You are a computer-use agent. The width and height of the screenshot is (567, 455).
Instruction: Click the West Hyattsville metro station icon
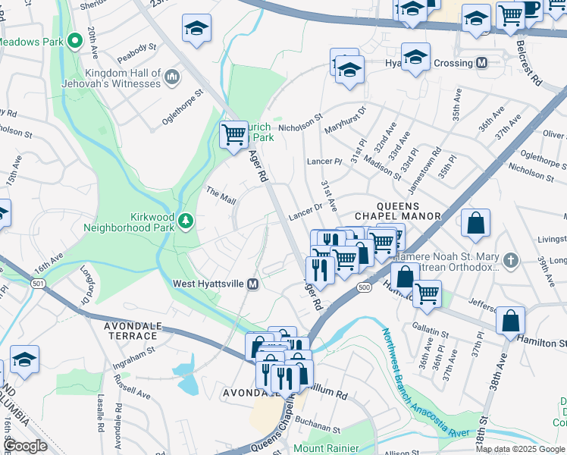click(254, 284)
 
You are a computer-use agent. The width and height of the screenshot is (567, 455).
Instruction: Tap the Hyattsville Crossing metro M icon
click(481, 63)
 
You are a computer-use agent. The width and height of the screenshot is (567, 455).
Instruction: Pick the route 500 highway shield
click(365, 288)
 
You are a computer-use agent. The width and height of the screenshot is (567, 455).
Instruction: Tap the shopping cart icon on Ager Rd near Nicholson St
click(234, 135)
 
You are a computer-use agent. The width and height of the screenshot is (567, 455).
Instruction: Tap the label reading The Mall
click(221, 198)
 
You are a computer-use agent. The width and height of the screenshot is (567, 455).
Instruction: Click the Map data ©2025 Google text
click(520, 449)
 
